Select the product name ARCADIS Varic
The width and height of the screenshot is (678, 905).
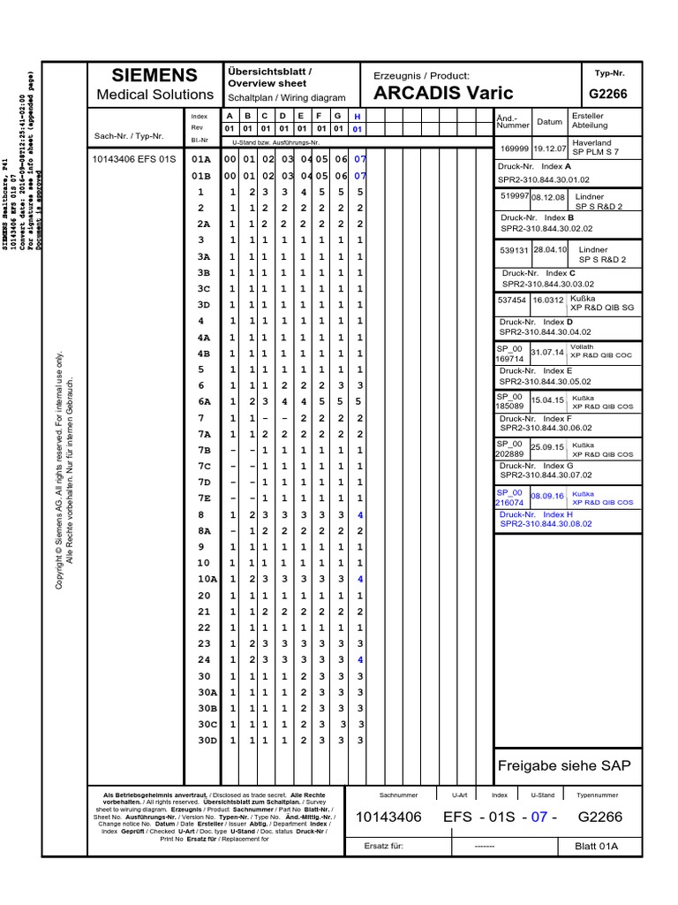pyautogui.click(x=443, y=94)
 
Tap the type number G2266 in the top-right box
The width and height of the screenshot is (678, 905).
pyautogui.click(x=608, y=94)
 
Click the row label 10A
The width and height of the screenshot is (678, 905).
pyautogui.click(x=207, y=579)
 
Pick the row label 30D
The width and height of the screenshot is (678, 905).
pyautogui.click(x=207, y=740)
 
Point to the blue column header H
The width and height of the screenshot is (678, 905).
pyautogui.click(x=358, y=117)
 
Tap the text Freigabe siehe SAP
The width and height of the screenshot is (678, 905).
pyautogui.click(x=565, y=765)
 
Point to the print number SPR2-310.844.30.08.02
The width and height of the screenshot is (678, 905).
pyautogui.click(x=546, y=524)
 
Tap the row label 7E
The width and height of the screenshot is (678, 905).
pyautogui.click(x=204, y=498)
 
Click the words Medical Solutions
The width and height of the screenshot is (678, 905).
pyautogui.click(x=154, y=95)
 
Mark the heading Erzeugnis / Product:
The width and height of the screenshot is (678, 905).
pyautogui.click(x=422, y=76)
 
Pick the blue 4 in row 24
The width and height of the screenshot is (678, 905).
pyautogui.click(x=360, y=659)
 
